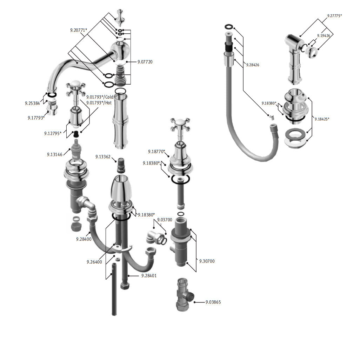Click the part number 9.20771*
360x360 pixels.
pos(79,30)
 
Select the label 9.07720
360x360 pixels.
pos(145,62)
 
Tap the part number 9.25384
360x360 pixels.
pos(32,103)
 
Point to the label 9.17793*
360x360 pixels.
pos(36,118)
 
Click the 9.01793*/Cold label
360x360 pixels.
pos(100,97)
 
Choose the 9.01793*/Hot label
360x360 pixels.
pos(99,102)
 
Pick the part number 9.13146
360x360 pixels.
pos(55,154)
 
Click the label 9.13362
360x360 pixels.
pos(103,157)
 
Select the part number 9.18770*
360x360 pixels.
pos(156,152)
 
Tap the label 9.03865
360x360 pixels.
pos(213,302)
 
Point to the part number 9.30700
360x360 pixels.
pos(207,261)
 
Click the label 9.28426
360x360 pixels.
pos(253,65)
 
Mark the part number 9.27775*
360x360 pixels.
pos(334,16)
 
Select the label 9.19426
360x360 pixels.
pos(324,35)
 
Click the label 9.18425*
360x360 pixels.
pos(322,119)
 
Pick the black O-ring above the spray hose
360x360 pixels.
pos(229,27)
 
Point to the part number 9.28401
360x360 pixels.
pos(149,276)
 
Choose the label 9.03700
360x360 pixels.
pos(165,220)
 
